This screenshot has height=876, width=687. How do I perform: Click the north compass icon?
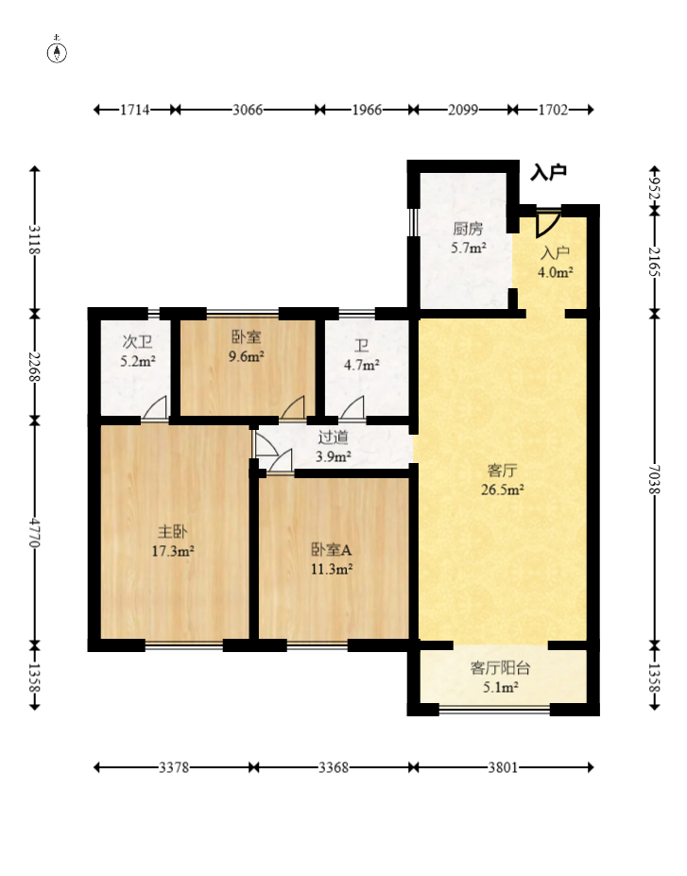(x=57, y=51)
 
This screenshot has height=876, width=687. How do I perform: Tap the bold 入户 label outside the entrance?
(x=548, y=172)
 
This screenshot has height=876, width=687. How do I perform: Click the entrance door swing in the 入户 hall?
(x=547, y=224)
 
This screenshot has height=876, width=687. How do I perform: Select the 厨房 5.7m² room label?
(x=468, y=238)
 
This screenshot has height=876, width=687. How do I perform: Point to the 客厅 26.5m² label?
(x=502, y=480)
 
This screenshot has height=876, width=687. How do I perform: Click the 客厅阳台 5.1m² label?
(x=500, y=678)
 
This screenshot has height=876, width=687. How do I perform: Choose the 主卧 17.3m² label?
(x=173, y=541)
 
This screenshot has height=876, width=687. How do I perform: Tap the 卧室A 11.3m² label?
(x=331, y=559)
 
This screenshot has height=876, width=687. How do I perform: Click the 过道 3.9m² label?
(x=333, y=446)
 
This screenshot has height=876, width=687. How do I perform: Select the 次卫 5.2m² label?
(x=137, y=352)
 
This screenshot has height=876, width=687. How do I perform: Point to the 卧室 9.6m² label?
(x=246, y=347)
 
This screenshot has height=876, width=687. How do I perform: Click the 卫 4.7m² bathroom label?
(x=361, y=356)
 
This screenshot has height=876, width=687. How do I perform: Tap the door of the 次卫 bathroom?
(x=155, y=407)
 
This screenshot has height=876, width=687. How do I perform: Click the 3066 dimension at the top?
(x=248, y=110)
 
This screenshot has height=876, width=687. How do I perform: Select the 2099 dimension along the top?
(x=462, y=110)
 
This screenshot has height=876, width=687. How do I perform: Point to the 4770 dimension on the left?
(x=35, y=533)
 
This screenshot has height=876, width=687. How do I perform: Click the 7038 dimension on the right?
(x=655, y=479)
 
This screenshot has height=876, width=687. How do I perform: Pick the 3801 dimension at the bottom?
(x=503, y=767)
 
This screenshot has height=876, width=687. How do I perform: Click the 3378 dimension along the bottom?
(x=174, y=767)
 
